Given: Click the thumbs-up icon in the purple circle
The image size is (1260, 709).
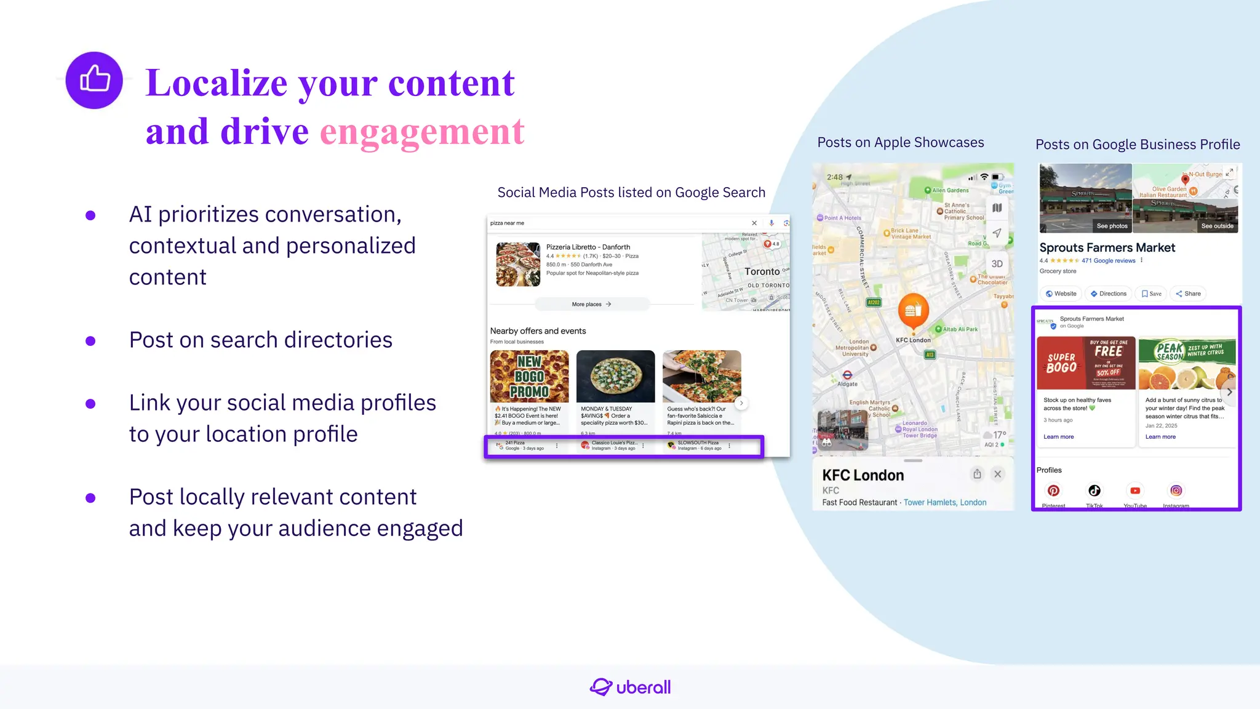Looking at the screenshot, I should (94, 80).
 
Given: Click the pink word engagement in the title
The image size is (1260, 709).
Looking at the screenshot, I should (422, 132).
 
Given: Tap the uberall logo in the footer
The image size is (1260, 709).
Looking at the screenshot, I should (630, 687).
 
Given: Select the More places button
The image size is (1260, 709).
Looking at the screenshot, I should (591, 304).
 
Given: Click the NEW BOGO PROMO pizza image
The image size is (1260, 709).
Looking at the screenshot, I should (529, 376).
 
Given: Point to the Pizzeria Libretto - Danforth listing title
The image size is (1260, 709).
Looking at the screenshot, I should (588, 247).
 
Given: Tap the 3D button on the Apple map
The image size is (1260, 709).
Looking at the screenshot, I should (997, 264).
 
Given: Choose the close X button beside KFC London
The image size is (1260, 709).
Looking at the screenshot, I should (998, 474).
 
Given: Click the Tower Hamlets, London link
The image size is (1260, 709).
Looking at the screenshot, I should (944, 502).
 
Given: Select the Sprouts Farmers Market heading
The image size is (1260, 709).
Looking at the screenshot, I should (1107, 247).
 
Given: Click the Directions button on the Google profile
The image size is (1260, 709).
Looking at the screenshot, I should (1109, 294).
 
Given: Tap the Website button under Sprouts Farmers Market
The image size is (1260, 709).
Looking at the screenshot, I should (1061, 294).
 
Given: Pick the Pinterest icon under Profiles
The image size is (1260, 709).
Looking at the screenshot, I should (1053, 491).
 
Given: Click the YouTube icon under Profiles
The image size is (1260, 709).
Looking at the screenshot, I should (1135, 491).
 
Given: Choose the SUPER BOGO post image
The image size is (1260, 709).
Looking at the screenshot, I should (1085, 363).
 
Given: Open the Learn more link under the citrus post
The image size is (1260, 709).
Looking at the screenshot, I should (1160, 437).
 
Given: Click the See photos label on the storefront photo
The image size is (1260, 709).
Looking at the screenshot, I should (1112, 226).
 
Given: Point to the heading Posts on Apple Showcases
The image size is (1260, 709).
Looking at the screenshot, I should (900, 143).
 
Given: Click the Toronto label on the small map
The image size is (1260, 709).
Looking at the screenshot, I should (762, 271).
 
